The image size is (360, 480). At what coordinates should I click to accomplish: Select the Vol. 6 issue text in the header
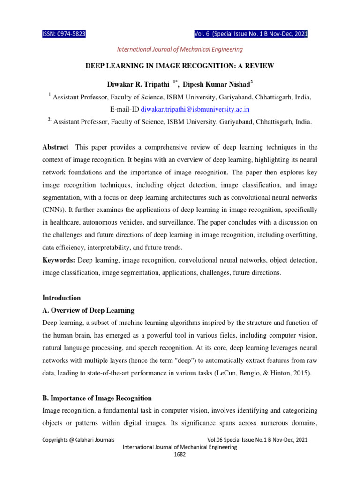251,34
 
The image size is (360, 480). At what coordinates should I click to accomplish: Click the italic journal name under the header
180,49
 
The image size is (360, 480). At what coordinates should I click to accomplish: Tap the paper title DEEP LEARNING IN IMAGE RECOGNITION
180,67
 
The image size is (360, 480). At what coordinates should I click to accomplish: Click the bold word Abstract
55,147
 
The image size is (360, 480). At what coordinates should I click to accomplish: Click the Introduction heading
61,298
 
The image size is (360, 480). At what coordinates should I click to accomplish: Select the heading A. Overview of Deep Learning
88,310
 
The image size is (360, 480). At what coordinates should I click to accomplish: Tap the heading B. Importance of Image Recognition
97,398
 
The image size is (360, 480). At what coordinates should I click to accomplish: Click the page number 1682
180,455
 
